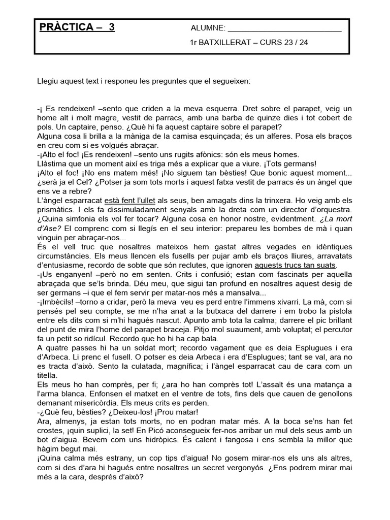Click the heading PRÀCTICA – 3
[77, 27]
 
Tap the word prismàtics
[57, 210]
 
